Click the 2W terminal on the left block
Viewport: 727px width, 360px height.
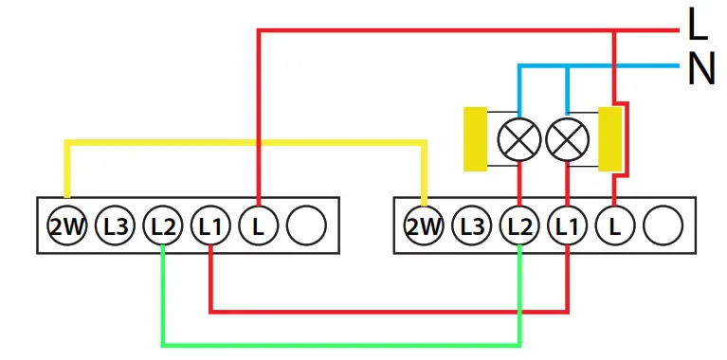(x=67, y=225)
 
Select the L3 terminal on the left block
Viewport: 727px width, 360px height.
(x=116, y=225)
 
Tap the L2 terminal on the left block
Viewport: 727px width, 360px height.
(x=163, y=225)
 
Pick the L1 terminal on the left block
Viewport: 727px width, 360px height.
(x=210, y=225)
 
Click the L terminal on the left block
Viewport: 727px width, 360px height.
(x=258, y=225)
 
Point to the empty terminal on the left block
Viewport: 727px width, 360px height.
(x=305, y=225)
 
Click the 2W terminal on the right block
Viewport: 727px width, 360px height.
(x=424, y=225)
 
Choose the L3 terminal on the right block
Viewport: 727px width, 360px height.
(x=472, y=225)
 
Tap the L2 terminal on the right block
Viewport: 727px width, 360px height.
(x=519, y=225)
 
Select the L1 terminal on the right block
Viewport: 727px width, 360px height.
(x=567, y=225)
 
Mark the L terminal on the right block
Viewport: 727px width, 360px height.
(x=614, y=225)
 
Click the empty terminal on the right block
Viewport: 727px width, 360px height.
(x=662, y=225)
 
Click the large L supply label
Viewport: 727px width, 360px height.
(x=698, y=26)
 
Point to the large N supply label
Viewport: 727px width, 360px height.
(x=700, y=68)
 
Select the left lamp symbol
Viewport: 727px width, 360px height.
(x=519, y=140)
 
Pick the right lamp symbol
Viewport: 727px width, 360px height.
(x=567, y=140)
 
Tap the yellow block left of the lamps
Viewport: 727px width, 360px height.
(x=475, y=139)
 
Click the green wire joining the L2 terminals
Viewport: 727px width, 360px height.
(x=341, y=343)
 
